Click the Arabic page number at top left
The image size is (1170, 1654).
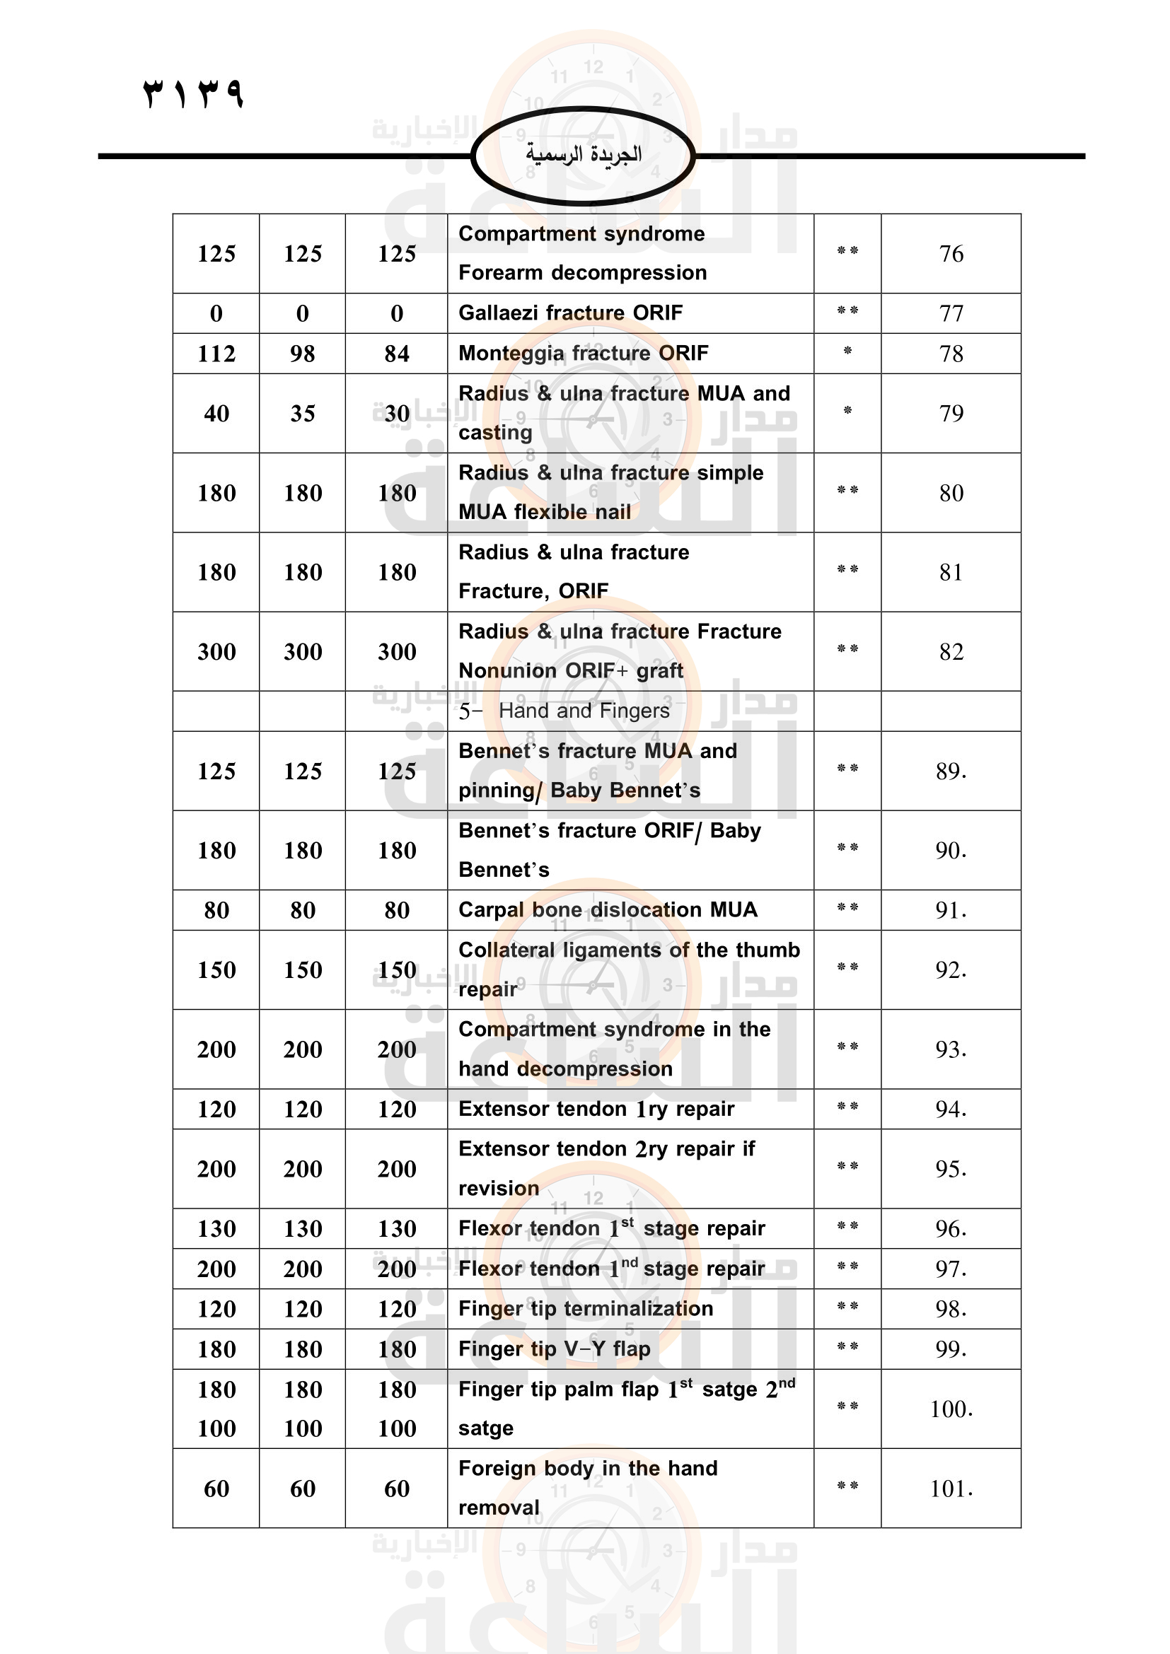pyautogui.click(x=194, y=93)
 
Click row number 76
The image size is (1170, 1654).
pyautogui.click(x=951, y=254)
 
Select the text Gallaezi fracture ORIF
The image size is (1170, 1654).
pyautogui.click(x=571, y=313)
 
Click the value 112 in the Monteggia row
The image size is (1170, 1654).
pyautogui.click(x=216, y=354)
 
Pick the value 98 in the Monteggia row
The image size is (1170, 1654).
pyautogui.click(x=303, y=354)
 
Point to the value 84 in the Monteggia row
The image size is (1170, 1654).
pyautogui.click(x=397, y=354)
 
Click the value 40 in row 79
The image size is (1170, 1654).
pyautogui.click(x=216, y=414)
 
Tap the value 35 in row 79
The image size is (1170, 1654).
pyautogui.click(x=303, y=414)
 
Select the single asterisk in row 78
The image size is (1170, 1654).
pyautogui.click(x=847, y=351)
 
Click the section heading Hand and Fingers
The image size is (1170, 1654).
pyautogui.click(x=584, y=711)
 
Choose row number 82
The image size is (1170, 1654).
pyautogui.click(x=951, y=652)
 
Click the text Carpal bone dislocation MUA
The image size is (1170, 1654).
pyautogui.click(x=608, y=910)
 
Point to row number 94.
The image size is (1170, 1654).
pyautogui.click(x=951, y=1109)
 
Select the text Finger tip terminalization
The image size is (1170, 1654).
pyautogui.click(x=586, y=1308)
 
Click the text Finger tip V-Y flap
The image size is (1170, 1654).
pyautogui.click(x=554, y=1349)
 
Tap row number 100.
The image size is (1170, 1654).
pyautogui.click(x=951, y=1409)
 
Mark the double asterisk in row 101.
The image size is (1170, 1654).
pyautogui.click(x=847, y=1486)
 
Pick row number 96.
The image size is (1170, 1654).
pyautogui.click(x=951, y=1228)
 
